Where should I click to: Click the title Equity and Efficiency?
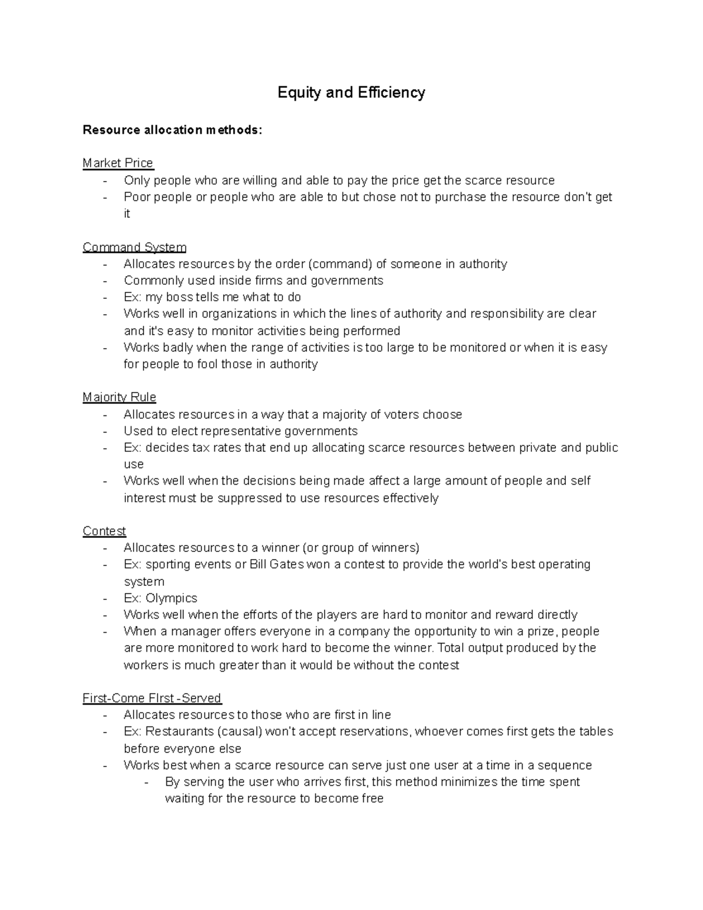(x=351, y=93)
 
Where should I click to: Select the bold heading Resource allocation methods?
(x=172, y=130)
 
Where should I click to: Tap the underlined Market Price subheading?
(x=118, y=163)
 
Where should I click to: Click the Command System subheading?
(x=134, y=247)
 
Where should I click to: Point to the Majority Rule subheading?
(x=119, y=397)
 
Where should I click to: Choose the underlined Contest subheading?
(x=104, y=531)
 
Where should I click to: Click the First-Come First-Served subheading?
(x=152, y=698)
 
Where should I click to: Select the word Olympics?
(x=171, y=598)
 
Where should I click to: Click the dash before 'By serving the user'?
(x=146, y=782)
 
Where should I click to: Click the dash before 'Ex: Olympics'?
(x=105, y=599)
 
